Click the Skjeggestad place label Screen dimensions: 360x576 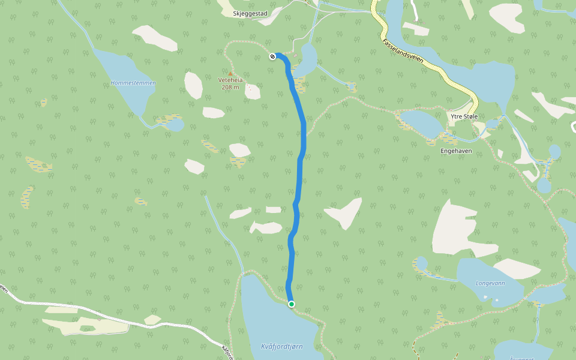(x=250, y=13)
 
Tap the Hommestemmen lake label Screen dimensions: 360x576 (x=133, y=83)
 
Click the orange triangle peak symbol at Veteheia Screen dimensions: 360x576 (x=230, y=73)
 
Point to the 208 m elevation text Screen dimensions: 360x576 (x=230, y=88)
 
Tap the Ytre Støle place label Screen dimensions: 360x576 (x=463, y=116)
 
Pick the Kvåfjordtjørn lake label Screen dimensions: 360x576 (x=282, y=346)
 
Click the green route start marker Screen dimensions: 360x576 (x=292, y=304)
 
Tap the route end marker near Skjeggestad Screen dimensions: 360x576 (x=273, y=56)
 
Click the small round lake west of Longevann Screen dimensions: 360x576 (x=419, y=263)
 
